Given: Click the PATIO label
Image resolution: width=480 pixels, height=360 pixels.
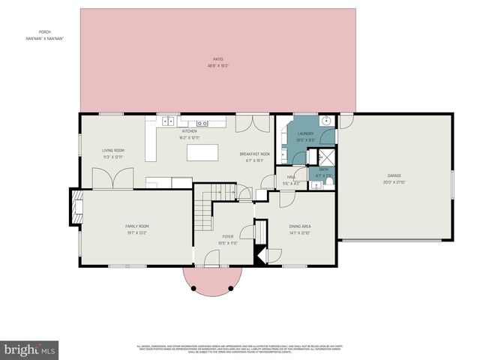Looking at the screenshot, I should pyautogui.click(x=217, y=58).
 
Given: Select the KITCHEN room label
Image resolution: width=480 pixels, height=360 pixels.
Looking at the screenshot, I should pyautogui.click(x=189, y=131).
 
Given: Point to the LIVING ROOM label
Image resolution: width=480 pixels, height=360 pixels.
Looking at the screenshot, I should pyautogui.click(x=113, y=151).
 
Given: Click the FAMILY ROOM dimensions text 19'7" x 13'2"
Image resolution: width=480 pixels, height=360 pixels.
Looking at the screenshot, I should pyautogui.click(x=137, y=232).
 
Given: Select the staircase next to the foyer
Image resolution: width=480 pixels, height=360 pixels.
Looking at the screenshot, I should pyautogui.click(x=206, y=208).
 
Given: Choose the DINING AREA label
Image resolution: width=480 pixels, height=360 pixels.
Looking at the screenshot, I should pyautogui.click(x=300, y=226).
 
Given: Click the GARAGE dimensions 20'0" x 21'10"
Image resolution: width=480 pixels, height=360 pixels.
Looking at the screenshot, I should pyautogui.click(x=394, y=182).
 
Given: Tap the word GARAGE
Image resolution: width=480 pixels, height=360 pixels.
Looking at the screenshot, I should pyautogui.click(x=394, y=176).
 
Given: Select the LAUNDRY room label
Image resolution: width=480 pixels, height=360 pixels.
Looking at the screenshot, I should pyautogui.click(x=304, y=133).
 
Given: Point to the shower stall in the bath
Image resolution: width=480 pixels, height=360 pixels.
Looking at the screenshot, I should pyautogui.click(x=326, y=157).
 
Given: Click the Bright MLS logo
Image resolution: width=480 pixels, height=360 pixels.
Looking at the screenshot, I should pyautogui.click(x=30, y=349).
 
